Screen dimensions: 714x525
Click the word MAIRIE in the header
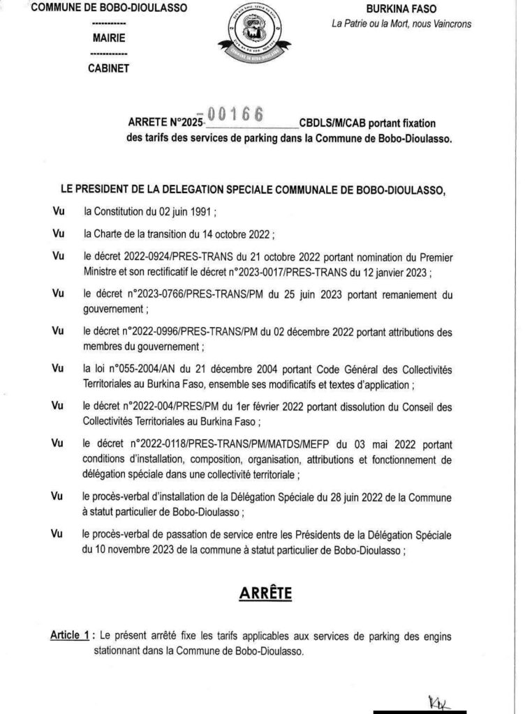coord(108,39)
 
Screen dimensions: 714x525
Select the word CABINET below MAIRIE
coord(108,68)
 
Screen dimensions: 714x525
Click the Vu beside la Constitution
coord(58,210)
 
